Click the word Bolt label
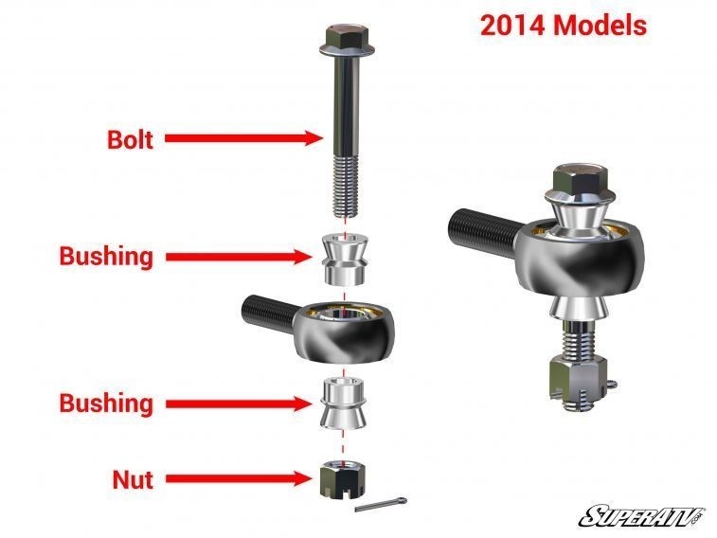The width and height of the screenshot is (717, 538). coord(130,138)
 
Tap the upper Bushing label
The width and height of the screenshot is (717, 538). coord(105,256)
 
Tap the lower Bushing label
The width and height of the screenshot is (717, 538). coord(105,403)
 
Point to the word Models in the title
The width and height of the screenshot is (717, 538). coord(600,26)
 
